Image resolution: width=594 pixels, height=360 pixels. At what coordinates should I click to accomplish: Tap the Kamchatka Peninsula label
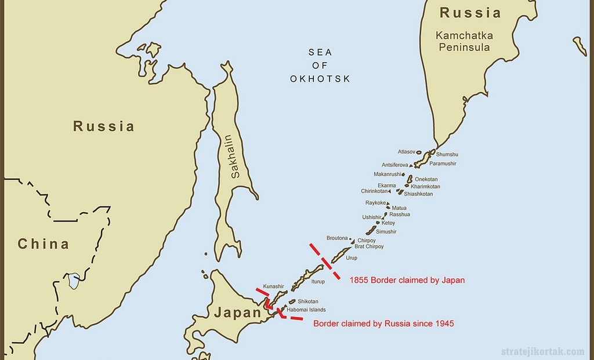coord(465,41)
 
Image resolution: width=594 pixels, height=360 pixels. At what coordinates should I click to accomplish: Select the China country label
coord(43,244)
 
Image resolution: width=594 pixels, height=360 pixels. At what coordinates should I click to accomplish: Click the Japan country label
coord(238,313)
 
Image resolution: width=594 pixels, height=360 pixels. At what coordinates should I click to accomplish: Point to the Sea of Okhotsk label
coord(320,66)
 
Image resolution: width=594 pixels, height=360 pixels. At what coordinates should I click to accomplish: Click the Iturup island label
coord(318,282)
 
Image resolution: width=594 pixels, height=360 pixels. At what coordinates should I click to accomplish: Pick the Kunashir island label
coord(273,286)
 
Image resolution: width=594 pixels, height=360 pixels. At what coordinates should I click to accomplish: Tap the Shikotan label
coord(307,301)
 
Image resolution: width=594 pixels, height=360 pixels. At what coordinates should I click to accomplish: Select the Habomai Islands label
coord(306,310)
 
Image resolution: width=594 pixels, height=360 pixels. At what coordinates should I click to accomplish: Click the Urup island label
coord(352,257)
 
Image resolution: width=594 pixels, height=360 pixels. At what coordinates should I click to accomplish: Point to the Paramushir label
coord(443,163)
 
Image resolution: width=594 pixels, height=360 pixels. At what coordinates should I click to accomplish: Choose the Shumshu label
coord(447,154)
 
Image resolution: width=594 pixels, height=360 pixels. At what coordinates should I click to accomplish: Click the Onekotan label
coord(426,179)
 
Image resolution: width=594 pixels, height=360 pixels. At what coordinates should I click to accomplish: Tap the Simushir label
coord(386,231)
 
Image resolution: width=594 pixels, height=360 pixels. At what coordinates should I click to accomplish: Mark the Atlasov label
coord(406,151)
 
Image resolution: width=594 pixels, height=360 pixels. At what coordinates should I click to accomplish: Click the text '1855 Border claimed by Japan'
coord(407,280)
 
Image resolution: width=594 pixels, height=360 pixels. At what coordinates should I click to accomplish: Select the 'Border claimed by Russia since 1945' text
coord(383,323)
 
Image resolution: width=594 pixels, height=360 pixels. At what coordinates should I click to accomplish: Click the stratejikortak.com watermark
coord(542,351)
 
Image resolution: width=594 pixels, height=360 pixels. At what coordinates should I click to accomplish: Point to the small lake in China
coord(74,282)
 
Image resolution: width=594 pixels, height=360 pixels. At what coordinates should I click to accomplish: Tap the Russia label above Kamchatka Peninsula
coord(470,13)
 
